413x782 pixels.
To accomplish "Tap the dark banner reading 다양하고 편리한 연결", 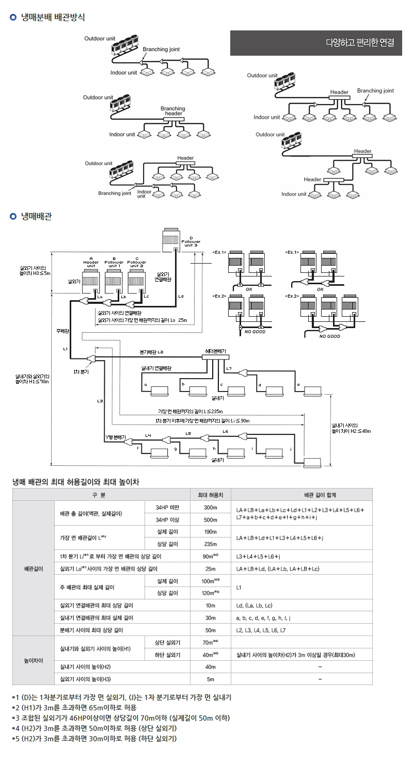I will click(x=316, y=43).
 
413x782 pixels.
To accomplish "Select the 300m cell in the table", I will click(x=210, y=507).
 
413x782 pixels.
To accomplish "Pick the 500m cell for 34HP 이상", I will click(x=210, y=519).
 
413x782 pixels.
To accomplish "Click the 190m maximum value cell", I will click(x=210, y=532).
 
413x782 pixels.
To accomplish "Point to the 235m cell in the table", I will click(x=210, y=544).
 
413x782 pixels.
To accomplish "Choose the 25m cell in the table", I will click(x=210, y=568).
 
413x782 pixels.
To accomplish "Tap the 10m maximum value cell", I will click(x=210, y=605).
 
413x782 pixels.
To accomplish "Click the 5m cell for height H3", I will click(x=210, y=679).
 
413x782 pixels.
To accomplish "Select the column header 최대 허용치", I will click(x=210, y=495).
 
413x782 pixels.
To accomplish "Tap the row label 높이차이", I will click(x=33, y=660).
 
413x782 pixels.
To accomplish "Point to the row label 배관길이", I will click(x=33, y=568).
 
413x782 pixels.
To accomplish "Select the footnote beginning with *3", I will click(x=121, y=718).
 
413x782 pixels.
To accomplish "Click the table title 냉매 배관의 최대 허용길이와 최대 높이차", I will click(x=75, y=482).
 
